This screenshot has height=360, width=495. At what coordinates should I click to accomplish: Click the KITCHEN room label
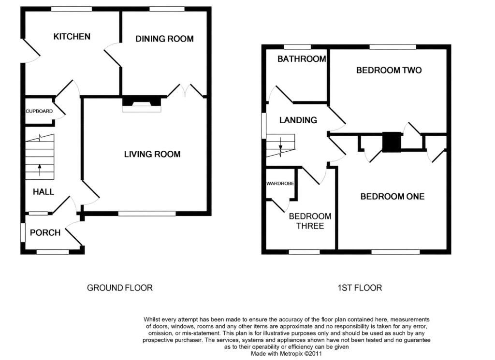[72, 37]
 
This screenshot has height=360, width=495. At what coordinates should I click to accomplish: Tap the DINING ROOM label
[164, 39]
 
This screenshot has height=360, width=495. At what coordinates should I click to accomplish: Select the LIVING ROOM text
[152, 154]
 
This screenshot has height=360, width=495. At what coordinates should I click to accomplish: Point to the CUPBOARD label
[39, 111]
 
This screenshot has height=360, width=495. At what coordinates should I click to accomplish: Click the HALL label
[44, 192]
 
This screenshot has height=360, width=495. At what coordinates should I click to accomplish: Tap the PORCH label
[45, 233]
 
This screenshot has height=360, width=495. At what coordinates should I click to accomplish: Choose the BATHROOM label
[302, 59]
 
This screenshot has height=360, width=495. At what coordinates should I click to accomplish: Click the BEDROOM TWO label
[389, 70]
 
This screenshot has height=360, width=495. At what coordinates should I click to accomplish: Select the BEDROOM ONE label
[393, 197]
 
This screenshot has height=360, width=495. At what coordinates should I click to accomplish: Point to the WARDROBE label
[280, 183]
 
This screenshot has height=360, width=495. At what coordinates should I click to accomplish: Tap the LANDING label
[298, 120]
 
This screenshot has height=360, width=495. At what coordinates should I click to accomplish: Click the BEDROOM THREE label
[310, 221]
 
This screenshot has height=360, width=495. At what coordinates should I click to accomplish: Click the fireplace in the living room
[142, 104]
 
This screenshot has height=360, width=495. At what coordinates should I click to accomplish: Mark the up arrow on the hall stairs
[40, 170]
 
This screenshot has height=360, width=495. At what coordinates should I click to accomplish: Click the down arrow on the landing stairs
[280, 144]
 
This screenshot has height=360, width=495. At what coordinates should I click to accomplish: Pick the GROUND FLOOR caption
[120, 288]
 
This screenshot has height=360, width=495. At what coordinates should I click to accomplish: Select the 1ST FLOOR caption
[360, 288]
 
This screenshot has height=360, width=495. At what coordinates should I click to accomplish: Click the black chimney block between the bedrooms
[392, 142]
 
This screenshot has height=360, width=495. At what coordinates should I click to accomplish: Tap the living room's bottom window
[147, 214]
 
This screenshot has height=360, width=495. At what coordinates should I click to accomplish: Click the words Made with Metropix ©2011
[286, 354]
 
